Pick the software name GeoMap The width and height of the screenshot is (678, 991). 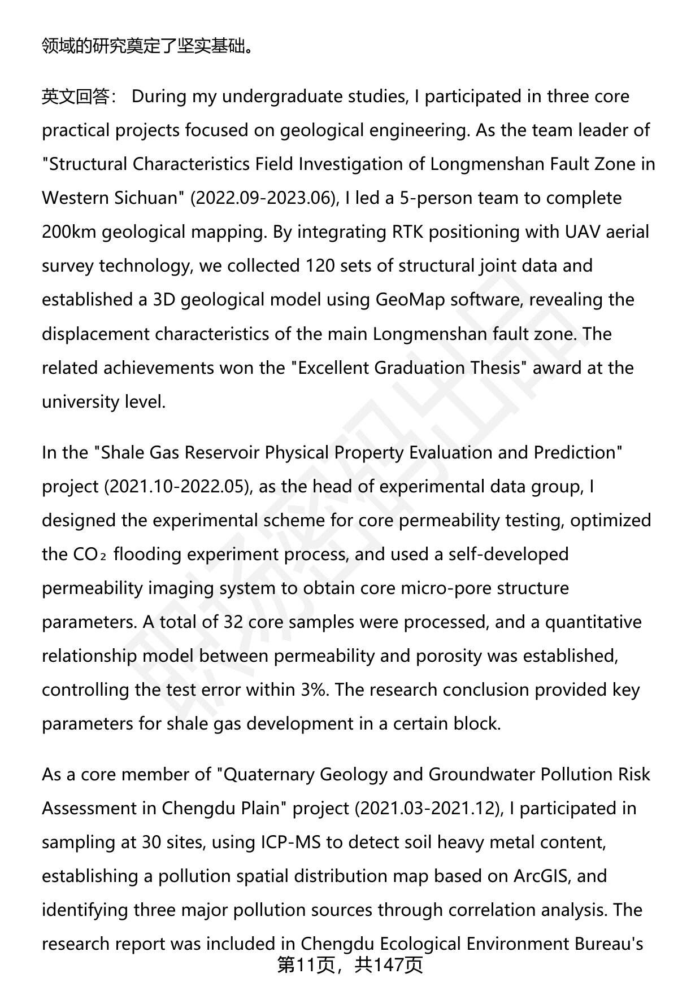click(x=410, y=300)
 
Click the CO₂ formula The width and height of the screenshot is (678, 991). click(x=89, y=555)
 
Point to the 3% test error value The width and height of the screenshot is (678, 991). click(x=314, y=690)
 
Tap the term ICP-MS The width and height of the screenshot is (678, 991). click(x=290, y=842)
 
